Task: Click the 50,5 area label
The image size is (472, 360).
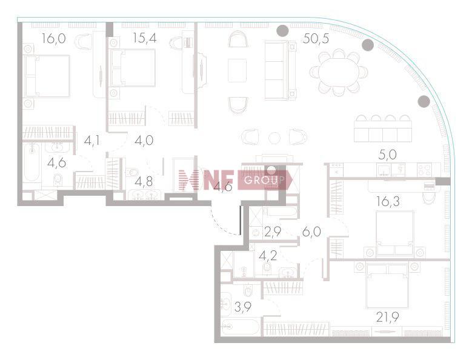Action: point(316,39)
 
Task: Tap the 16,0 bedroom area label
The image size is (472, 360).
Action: point(53,39)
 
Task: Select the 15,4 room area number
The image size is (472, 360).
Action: point(145,38)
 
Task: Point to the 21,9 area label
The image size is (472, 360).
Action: point(388,316)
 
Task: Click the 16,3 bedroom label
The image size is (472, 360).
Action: point(388,201)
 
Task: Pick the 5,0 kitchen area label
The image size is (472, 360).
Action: point(387,155)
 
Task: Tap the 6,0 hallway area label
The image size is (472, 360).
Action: point(311,232)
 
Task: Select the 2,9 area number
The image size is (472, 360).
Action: point(273,232)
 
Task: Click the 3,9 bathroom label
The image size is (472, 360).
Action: point(243,307)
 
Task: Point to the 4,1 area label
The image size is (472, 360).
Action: point(92,141)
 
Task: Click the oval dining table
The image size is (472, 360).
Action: point(338,73)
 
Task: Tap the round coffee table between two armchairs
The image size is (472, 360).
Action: point(274,138)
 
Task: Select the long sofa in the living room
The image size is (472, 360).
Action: point(280,70)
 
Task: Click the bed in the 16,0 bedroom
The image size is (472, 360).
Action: point(47,76)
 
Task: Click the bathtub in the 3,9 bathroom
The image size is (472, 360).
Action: point(240,327)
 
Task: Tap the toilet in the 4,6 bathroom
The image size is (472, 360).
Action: point(58,180)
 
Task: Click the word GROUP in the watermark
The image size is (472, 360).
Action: point(264,180)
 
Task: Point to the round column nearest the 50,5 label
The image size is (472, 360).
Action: point(283,30)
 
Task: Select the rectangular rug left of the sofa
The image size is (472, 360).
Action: point(237,70)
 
